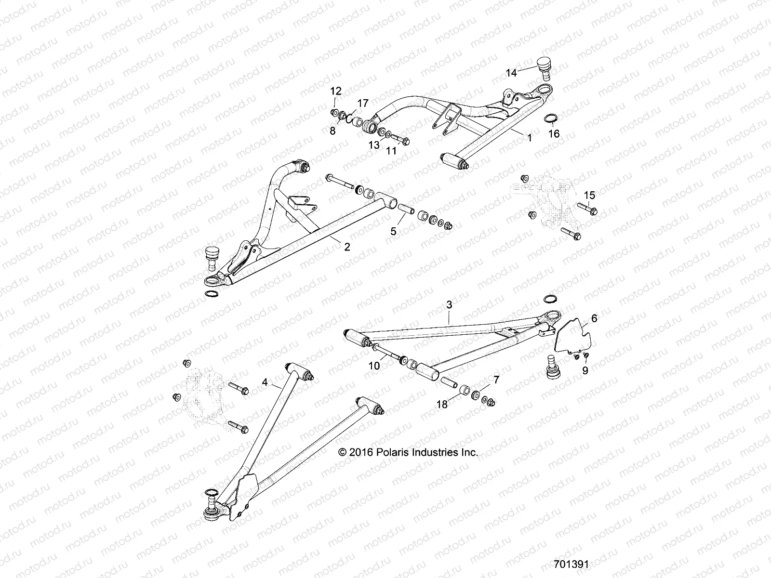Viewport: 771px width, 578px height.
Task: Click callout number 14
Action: [511, 73]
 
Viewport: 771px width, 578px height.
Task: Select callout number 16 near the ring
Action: [554, 134]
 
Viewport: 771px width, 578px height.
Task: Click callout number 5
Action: [394, 231]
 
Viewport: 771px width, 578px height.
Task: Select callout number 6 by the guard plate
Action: [581, 318]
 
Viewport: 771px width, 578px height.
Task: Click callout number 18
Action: [442, 405]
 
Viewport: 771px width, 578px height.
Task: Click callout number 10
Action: [374, 366]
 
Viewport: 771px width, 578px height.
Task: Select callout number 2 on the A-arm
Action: [346, 247]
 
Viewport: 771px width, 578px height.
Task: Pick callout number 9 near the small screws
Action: [585, 371]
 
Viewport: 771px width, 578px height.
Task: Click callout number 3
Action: [449, 305]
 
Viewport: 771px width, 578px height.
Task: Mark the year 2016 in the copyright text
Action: [363, 453]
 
